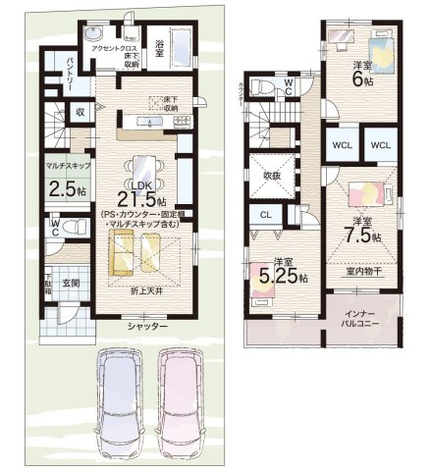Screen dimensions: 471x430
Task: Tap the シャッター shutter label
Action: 145,326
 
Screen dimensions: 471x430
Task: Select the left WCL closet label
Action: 343,145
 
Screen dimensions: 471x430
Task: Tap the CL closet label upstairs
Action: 265,214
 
